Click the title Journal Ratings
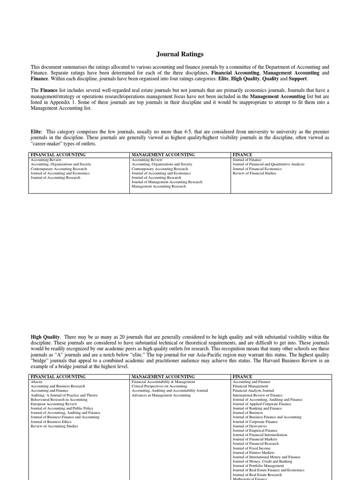click(x=180, y=54)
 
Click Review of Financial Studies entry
click(x=255, y=173)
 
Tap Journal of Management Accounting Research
click(x=167, y=182)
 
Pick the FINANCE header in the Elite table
click(x=242, y=155)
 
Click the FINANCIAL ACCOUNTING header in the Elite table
click(x=58, y=155)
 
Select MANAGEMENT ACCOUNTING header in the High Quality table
click(x=163, y=376)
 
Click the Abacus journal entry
click(x=37, y=382)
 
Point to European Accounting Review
click(x=54, y=404)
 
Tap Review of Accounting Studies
click(x=54, y=426)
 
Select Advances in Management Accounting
click(x=161, y=395)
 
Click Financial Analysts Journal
click(x=253, y=390)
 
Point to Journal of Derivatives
click(x=250, y=426)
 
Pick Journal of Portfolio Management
click(x=258, y=465)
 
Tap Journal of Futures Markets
click(x=254, y=452)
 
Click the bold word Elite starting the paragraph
click(x=36, y=133)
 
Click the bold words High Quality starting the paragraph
click(x=45, y=337)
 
